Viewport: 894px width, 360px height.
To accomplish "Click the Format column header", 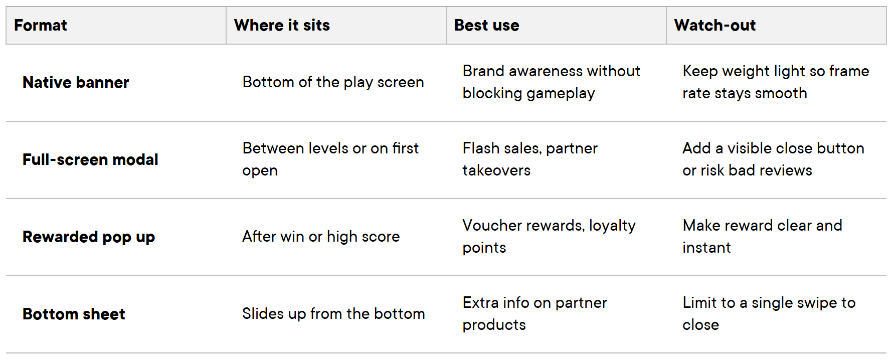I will click(x=41, y=25).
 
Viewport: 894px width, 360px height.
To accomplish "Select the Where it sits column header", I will click(x=282, y=25).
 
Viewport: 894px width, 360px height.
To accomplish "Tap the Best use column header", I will click(x=486, y=25).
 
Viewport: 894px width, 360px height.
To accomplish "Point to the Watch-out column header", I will click(x=714, y=25).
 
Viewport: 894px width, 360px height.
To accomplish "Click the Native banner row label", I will click(x=76, y=82).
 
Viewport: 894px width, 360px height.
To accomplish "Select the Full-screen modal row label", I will click(x=90, y=159).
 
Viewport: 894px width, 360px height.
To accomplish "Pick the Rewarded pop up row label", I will click(x=89, y=237).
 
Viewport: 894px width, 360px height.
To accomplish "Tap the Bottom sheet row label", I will click(x=74, y=314).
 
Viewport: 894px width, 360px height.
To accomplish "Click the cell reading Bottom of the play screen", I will click(x=333, y=82).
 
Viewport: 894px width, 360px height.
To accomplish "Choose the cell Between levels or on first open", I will click(x=330, y=159).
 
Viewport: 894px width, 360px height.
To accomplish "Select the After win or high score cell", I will click(x=321, y=237).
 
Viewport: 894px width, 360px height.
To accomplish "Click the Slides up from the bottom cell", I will click(x=333, y=314).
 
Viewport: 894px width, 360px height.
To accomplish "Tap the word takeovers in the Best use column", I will click(x=496, y=170).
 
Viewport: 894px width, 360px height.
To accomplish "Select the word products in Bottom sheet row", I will click(x=494, y=325).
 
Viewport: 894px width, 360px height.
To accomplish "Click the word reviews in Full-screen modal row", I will click(x=785, y=170).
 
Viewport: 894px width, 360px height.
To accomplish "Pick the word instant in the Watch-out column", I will click(x=706, y=248).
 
